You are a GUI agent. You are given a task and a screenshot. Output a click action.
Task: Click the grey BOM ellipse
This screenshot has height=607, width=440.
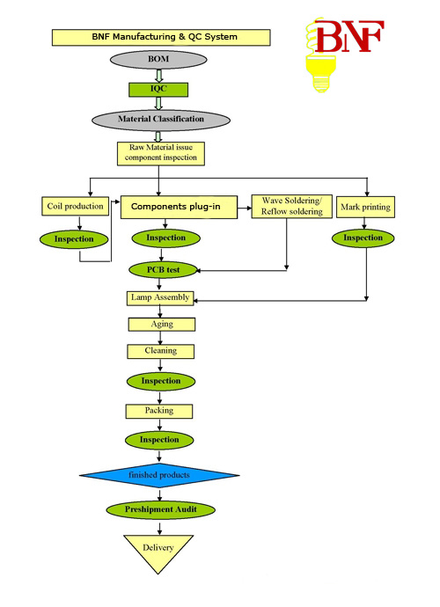pyautogui.click(x=158, y=60)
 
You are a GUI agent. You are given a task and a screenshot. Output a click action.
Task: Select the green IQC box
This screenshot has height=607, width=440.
pyautogui.click(x=158, y=90)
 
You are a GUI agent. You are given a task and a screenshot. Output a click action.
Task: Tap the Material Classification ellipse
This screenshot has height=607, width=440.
pyautogui.click(x=161, y=120)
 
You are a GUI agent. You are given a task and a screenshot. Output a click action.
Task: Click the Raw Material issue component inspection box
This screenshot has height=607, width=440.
pyautogui.click(x=161, y=154)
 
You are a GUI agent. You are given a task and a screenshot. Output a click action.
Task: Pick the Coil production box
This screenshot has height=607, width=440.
pyautogui.click(x=75, y=206)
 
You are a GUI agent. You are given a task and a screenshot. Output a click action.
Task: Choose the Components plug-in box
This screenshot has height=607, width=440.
pyautogui.click(x=179, y=207)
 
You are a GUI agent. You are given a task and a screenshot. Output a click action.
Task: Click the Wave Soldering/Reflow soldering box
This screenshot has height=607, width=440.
pyautogui.click(x=291, y=207)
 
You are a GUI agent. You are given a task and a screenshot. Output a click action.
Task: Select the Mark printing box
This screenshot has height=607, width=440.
pyautogui.click(x=365, y=207)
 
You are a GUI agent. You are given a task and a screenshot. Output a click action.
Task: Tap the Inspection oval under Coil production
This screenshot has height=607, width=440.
pyautogui.click(x=74, y=239)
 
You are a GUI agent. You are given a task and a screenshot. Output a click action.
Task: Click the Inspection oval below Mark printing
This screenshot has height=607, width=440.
pyautogui.click(x=363, y=238)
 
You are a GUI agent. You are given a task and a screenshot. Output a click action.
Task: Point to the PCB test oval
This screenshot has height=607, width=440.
pyautogui.click(x=163, y=270)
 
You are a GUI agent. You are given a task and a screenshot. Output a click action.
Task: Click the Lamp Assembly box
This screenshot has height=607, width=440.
pyautogui.click(x=160, y=298)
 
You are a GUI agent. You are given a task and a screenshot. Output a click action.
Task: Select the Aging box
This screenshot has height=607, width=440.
pyautogui.click(x=162, y=325)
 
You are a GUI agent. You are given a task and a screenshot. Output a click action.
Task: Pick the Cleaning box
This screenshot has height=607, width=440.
pyautogui.click(x=161, y=351)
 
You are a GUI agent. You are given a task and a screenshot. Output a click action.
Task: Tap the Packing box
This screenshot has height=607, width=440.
pyautogui.click(x=158, y=411)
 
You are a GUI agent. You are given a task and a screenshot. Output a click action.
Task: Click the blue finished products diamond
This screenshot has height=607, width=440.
pyautogui.click(x=159, y=475)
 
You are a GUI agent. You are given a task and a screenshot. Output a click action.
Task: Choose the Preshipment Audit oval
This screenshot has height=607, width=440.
pyautogui.click(x=160, y=509)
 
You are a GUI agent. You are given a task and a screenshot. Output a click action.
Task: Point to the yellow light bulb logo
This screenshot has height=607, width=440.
pyautogui.click(x=320, y=56)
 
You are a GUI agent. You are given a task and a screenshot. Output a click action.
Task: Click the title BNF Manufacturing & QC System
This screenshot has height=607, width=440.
pyautogui.click(x=161, y=38)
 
